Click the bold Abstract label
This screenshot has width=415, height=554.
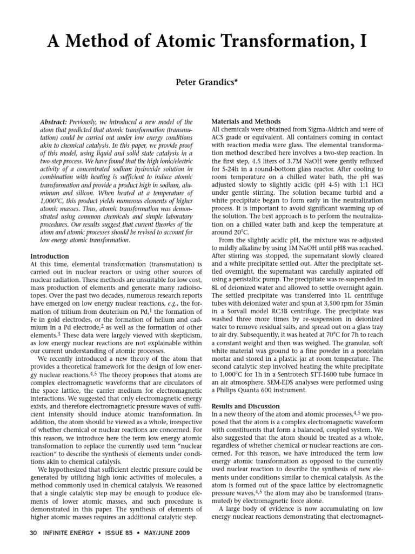tap(55, 123)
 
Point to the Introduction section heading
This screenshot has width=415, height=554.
tap(50, 256)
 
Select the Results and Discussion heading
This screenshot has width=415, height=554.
tap(246, 406)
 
